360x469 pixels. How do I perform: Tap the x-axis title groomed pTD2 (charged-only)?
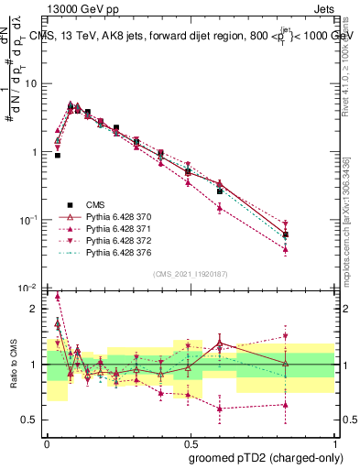[x=266, y=457]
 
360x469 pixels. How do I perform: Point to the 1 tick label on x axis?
[x=333, y=442]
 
